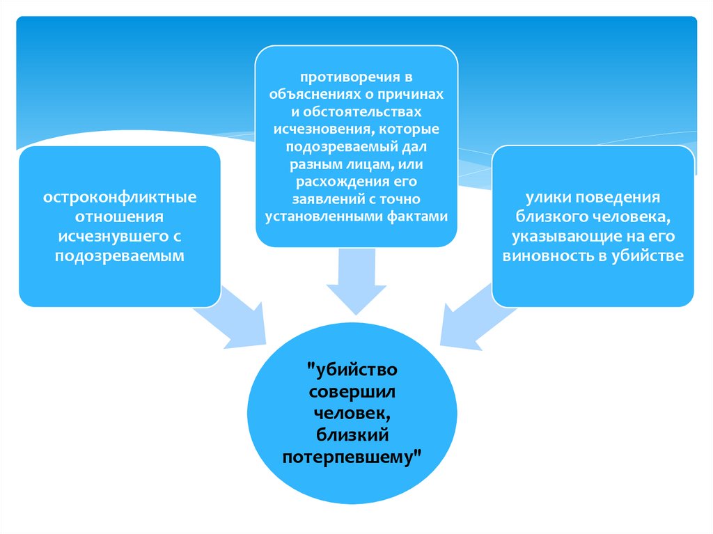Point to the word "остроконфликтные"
[121, 198]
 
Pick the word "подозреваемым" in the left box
[121, 256]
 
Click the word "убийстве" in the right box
[655, 256]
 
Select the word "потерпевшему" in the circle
[348, 457]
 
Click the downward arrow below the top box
[354, 282]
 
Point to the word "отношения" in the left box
[121, 217]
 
